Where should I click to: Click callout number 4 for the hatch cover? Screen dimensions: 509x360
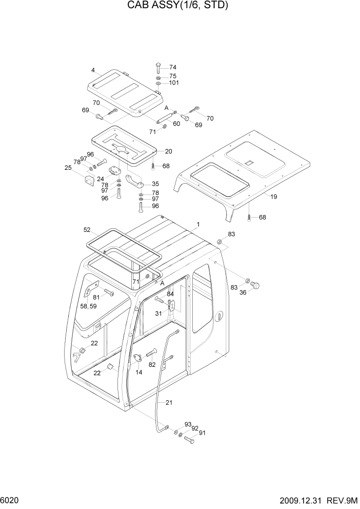tap(93, 70)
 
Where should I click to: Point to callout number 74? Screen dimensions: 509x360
tap(172, 67)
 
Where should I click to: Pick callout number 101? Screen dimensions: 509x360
tap(174, 83)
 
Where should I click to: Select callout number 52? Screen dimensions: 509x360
tap(87, 230)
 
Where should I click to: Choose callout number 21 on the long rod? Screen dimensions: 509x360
tap(169, 403)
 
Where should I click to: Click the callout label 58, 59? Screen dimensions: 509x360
tap(88, 306)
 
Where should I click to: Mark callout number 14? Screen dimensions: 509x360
tap(138, 372)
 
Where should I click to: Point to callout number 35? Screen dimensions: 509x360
tap(155, 184)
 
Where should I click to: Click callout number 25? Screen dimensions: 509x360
tap(67, 168)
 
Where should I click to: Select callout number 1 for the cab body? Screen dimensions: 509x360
tap(197, 225)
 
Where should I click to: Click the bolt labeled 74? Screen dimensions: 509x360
tap(158, 68)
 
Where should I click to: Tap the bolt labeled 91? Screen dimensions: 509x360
tap(189, 439)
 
